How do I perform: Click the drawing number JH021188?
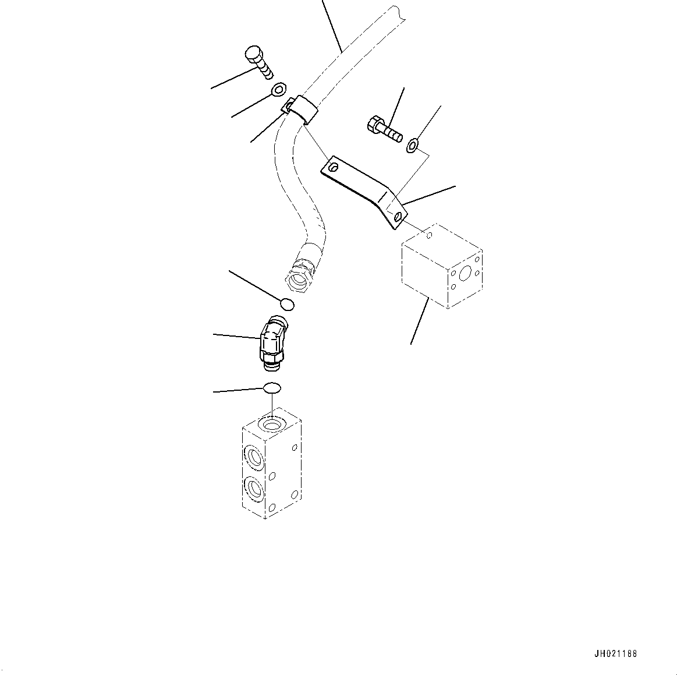(x=615, y=654)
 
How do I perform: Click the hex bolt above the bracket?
(x=384, y=129)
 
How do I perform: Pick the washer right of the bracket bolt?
(x=412, y=145)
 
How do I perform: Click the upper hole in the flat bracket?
(x=333, y=167)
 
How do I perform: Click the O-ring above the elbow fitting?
(x=288, y=304)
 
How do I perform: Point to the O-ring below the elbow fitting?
(x=272, y=387)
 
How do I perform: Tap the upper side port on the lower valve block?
(x=253, y=457)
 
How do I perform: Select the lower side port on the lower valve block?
(x=253, y=488)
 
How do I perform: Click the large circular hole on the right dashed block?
(x=466, y=274)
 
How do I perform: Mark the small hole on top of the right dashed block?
(x=429, y=235)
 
